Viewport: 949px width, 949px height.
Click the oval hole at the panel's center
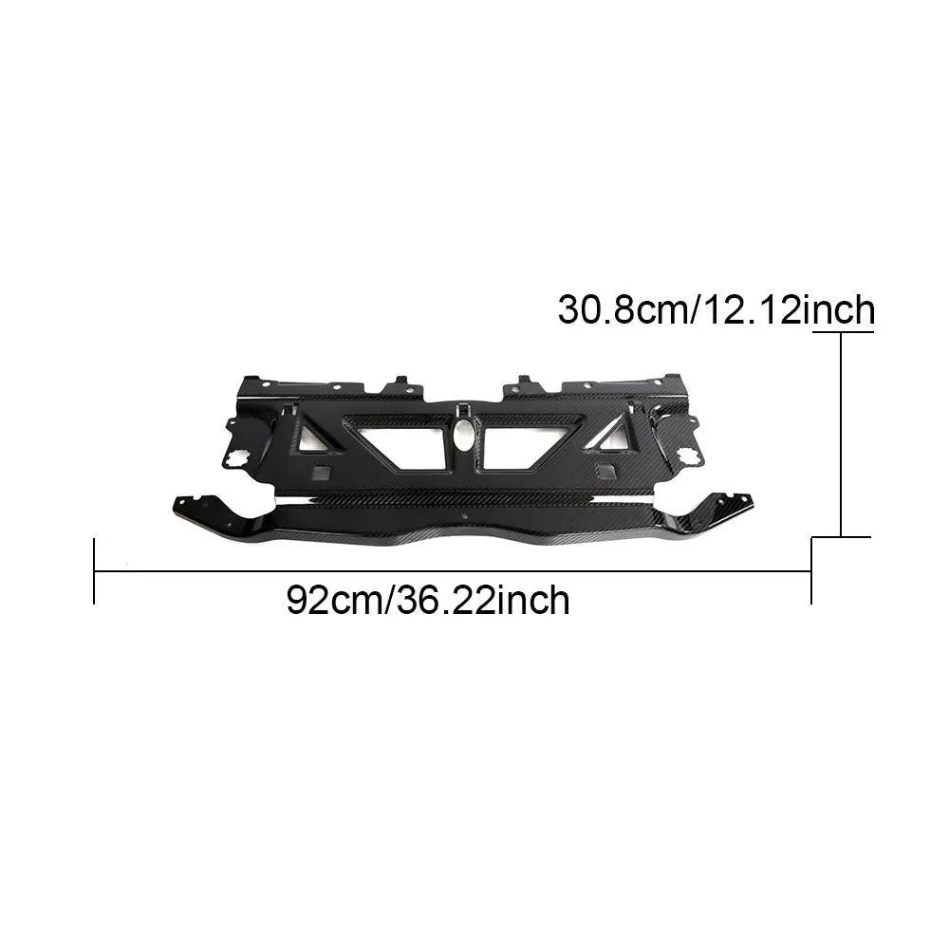coord(464,437)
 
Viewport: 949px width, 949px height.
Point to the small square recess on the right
coord(604,473)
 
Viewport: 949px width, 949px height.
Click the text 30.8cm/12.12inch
coord(716,309)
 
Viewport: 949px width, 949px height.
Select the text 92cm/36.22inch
coord(428,601)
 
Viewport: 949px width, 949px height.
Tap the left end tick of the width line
coord(94,570)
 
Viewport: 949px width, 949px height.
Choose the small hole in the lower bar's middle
coord(466,518)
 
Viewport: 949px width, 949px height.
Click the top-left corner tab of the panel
coord(250,382)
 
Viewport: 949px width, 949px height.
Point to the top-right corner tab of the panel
coord(676,381)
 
